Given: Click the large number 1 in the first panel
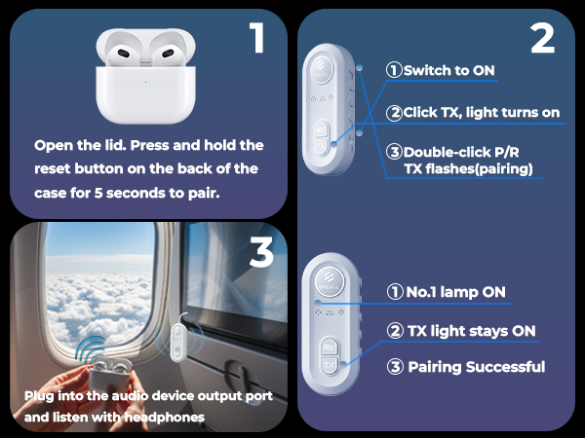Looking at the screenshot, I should click(x=256, y=39).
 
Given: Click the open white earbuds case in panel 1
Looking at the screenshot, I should click(x=140, y=77).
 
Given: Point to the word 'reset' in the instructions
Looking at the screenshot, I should click(x=58, y=168).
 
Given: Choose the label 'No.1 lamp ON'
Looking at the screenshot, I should click(x=446, y=292).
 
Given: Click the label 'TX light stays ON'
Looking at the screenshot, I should click(x=461, y=331).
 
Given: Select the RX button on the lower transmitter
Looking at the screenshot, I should click(x=330, y=347).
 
